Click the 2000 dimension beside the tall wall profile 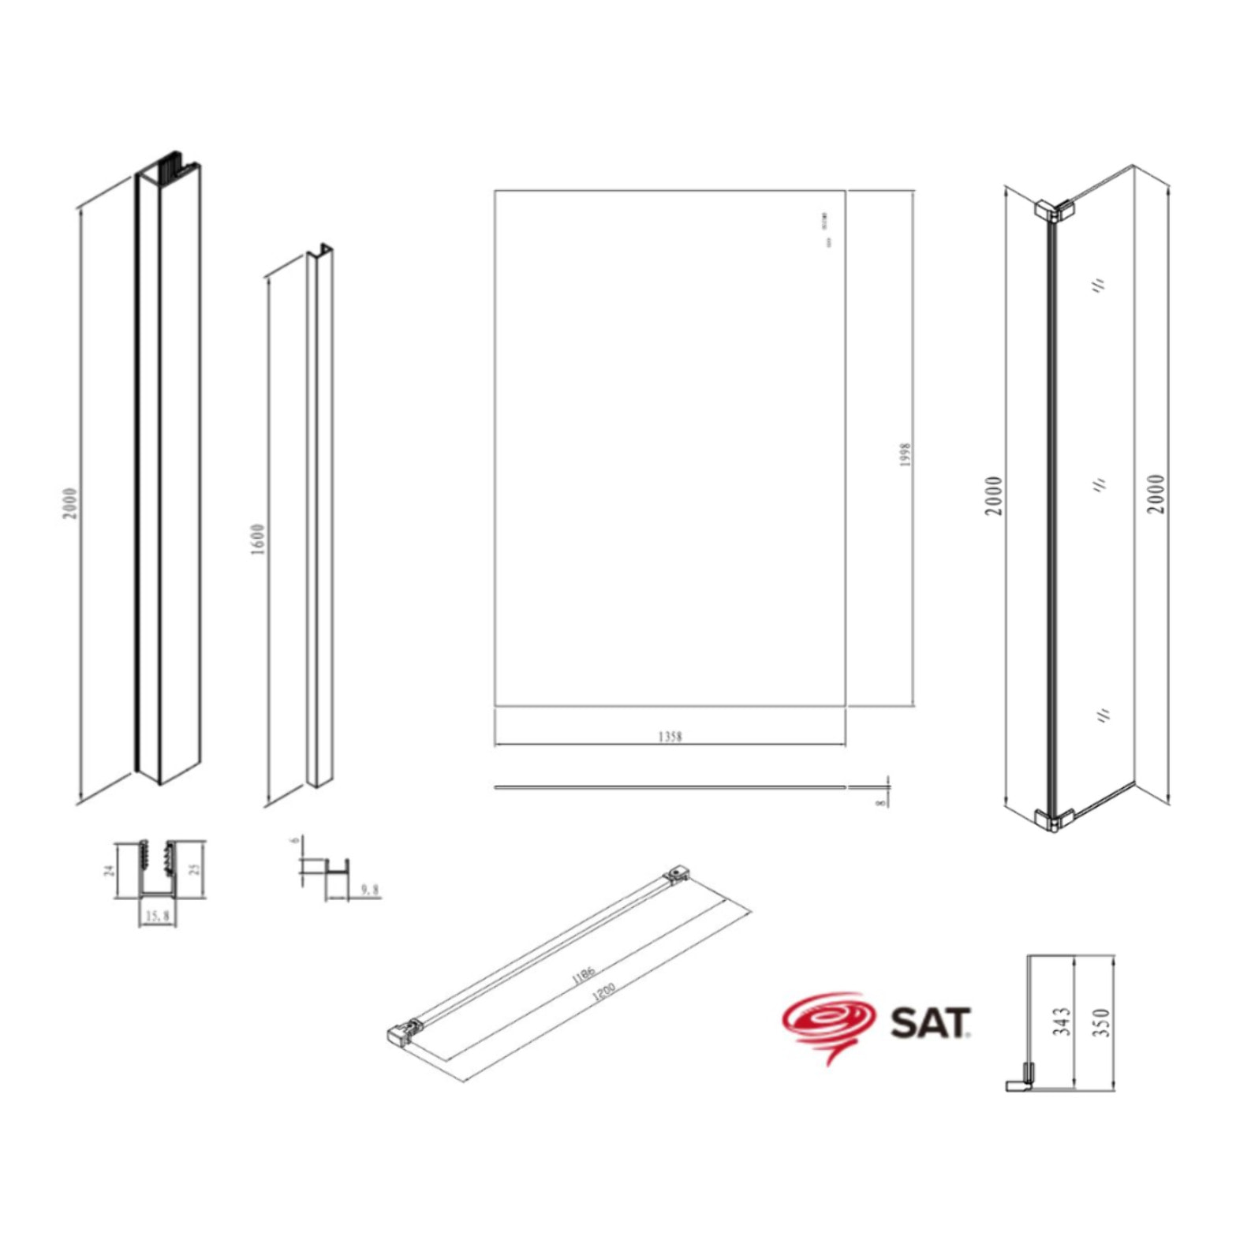pyautogui.click(x=71, y=503)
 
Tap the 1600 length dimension pyautogui.click(x=258, y=539)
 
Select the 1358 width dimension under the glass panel pyautogui.click(x=669, y=736)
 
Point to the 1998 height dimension pyautogui.click(x=905, y=454)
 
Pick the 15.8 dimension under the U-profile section pyautogui.click(x=157, y=916)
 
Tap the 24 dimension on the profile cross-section pyautogui.click(x=110, y=869)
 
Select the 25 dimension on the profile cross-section pyautogui.click(x=195, y=868)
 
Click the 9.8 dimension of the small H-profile pyautogui.click(x=369, y=890)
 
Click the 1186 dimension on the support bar pyautogui.click(x=583, y=975)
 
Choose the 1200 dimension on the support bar pyautogui.click(x=603, y=992)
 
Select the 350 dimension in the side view pyautogui.click(x=1103, y=1022)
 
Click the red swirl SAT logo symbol pyautogui.click(x=828, y=1022)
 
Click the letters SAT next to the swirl pyautogui.click(x=930, y=1022)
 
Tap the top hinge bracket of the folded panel pyautogui.click(x=1054, y=209)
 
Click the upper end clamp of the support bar pyautogui.click(x=676, y=873)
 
